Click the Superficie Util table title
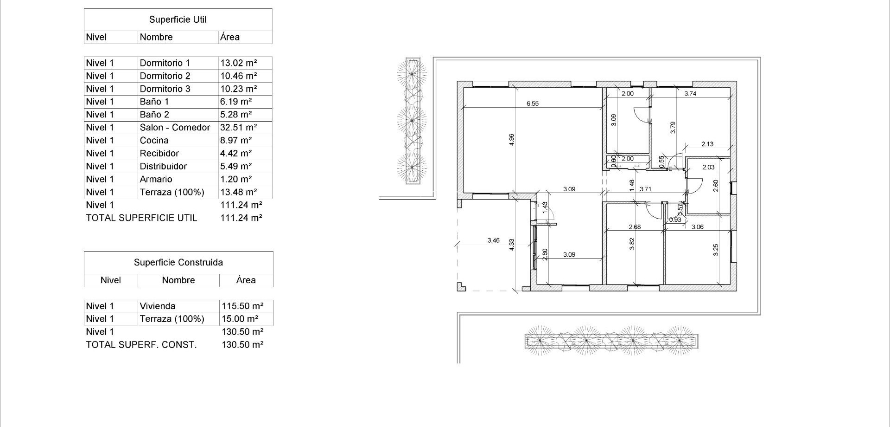coord(178,19)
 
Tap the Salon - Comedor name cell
coord(175,128)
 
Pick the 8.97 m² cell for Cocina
coord(235,141)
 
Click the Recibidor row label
coord(159,154)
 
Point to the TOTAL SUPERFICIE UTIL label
coord(141,218)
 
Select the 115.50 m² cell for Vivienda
coord(242,306)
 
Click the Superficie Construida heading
coord(178,263)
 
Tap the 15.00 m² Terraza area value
coord(239,319)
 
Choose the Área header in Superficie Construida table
coord(245,280)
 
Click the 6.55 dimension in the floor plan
coord(532,104)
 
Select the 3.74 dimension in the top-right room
coord(690,93)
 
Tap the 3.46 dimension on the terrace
coord(493,240)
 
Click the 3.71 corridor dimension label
coord(645,189)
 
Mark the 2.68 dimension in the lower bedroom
coord(635,227)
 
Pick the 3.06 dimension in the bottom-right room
coord(697,227)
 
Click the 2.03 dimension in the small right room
coord(708,167)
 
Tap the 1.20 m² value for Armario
coord(235,180)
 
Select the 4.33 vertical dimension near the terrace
coord(511,245)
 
